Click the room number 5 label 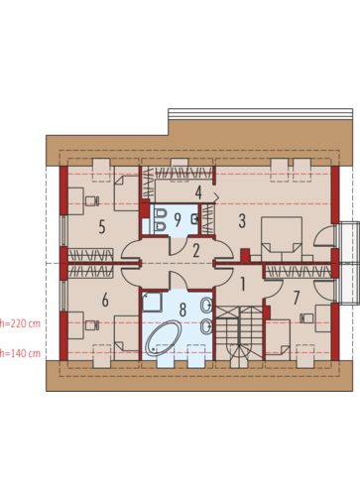[102, 227]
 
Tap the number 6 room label [105, 300]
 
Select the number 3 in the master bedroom [242, 221]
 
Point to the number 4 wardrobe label [198, 192]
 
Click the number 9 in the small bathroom [178, 220]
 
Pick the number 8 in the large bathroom [182, 310]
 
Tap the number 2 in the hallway [196, 251]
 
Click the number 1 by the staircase [243, 284]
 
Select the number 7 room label [297, 298]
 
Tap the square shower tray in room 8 [152, 302]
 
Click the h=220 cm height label [20, 323]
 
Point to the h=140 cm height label [20, 353]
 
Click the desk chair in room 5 [92, 200]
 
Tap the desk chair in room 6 [92, 325]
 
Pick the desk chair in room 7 [306, 318]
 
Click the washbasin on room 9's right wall [195, 218]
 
